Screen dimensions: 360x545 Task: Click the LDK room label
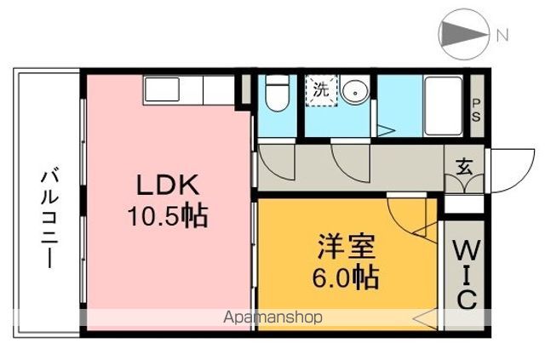167,186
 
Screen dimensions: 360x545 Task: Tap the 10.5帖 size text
168,215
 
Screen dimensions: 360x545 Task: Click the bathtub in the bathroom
442,105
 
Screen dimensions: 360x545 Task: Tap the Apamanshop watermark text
272,318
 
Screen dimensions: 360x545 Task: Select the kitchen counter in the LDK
188,88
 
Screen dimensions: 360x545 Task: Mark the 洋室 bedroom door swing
409,217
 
